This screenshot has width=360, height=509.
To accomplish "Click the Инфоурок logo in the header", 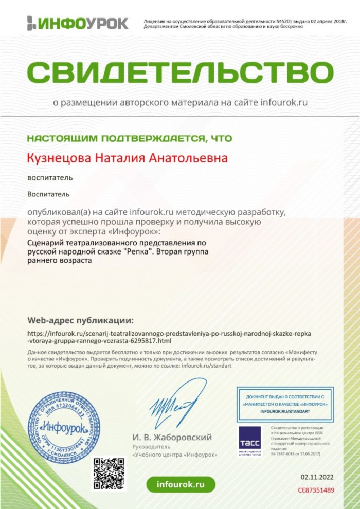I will click(x=77, y=23).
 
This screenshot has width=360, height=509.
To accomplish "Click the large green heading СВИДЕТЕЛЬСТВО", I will click(x=180, y=71).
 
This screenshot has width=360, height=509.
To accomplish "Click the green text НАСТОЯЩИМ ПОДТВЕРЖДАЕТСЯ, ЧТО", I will click(x=129, y=138).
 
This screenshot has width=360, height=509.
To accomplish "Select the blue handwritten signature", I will click(x=175, y=403).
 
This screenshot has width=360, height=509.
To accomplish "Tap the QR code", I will click(x=109, y=474).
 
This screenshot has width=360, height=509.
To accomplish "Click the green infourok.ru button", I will click(x=181, y=484).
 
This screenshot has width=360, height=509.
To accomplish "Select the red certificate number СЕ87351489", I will click(x=316, y=490).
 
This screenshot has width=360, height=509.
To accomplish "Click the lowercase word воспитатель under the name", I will click(x=50, y=178).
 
